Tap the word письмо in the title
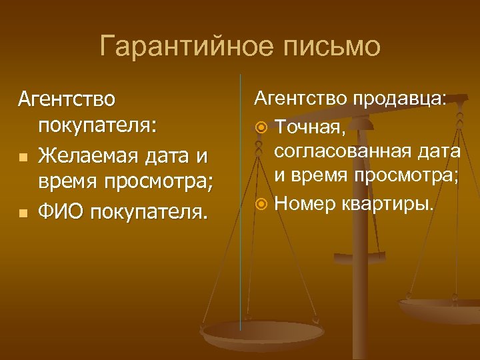coord(333,47)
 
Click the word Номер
coord(305,202)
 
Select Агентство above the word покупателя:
coord(67,99)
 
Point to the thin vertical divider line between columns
coord(241,200)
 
